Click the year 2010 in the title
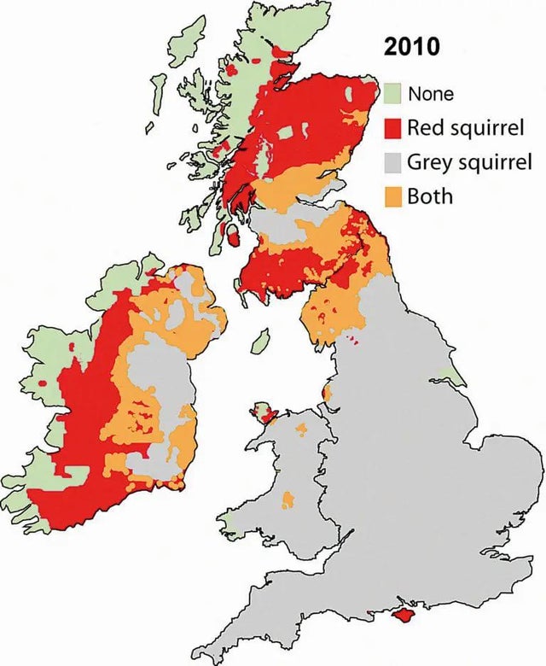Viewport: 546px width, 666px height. [412, 47]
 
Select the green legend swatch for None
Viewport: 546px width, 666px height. [392, 93]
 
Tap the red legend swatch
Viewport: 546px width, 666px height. [392, 128]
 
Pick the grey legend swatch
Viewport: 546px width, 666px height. [392, 162]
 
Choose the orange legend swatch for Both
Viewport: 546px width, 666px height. [392, 196]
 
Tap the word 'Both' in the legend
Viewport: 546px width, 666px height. [430, 196]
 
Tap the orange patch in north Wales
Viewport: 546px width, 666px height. [300, 427]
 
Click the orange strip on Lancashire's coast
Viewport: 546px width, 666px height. [327, 394]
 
